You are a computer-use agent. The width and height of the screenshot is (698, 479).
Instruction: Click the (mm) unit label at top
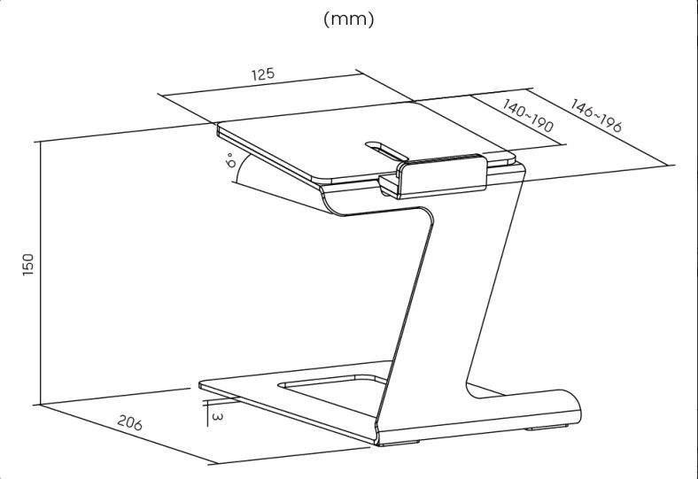click(x=349, y=19)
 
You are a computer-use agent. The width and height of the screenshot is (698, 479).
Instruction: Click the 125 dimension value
click(x=264, y=73)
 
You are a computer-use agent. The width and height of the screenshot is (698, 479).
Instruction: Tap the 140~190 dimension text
click(x=528, y=116)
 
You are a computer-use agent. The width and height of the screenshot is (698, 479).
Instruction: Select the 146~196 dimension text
click(x=596, y=116)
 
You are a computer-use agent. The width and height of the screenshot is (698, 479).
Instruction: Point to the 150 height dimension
click(x=28, y=265)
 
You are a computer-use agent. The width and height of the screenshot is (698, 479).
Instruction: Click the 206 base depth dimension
click(x=130, y=422)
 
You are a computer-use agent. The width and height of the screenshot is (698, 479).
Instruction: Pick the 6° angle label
click(x=230, y=160)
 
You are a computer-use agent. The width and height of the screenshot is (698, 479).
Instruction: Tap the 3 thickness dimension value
click(x=217, y=417)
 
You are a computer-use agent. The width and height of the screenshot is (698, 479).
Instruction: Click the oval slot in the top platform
click(x=386, y=151)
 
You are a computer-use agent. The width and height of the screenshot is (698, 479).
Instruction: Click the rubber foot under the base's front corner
click(x=400, y=444)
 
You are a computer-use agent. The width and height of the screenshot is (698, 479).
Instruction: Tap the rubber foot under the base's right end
click(x=548, y=429)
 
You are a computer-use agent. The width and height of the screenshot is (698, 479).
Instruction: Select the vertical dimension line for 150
click(x=40, y=273)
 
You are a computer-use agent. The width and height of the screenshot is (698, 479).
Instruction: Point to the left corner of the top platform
click(x=218, y=127)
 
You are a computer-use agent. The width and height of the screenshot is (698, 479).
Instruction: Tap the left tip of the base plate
click(x=200, y=384)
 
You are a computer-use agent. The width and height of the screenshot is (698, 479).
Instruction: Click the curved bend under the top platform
click(x=331, y=203)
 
